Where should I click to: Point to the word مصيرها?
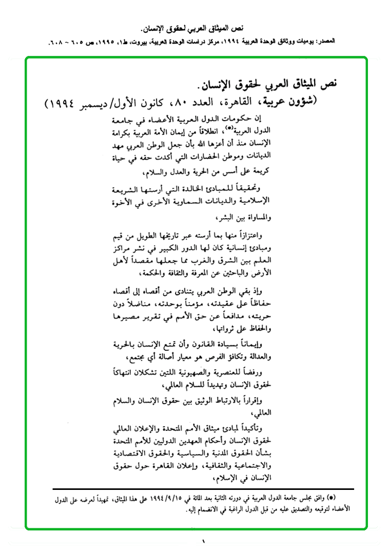[x=131, y=318]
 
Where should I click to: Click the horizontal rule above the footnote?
[x=203, y=489]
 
